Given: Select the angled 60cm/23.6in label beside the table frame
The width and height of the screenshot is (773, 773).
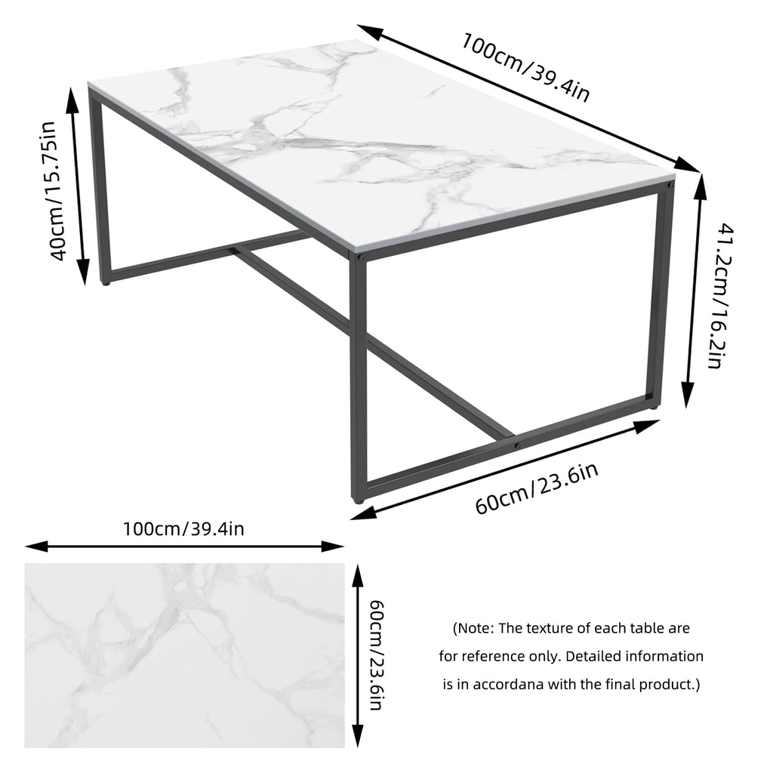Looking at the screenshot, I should click(x=537, y=489).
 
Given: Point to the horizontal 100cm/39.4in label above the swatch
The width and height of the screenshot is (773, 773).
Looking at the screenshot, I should click(x=183, y=528).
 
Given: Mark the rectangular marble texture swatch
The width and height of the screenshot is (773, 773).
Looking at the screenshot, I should click(x=184, y=655).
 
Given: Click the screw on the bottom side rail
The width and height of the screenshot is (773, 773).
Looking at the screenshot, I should click(x=517, y=445).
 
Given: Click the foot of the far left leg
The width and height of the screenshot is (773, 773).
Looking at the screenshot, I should click(x=106, y=284).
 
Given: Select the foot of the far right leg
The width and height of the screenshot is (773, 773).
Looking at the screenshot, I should click(x=653, y=407).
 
